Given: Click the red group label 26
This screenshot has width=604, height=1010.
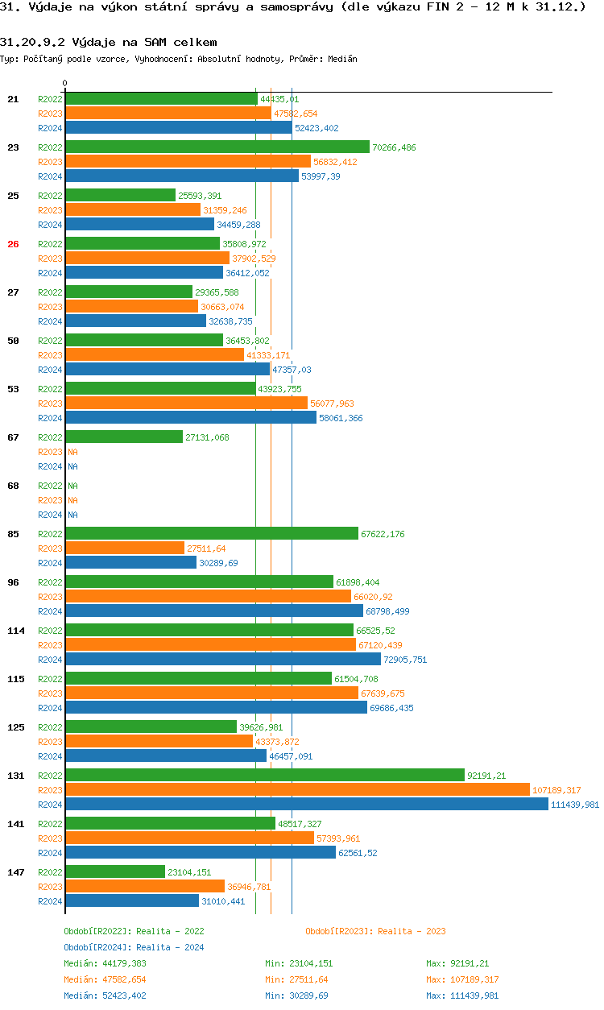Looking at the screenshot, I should click(x=13, y=244).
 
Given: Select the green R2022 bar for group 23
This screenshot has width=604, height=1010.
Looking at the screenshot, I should click(x=217, y=147).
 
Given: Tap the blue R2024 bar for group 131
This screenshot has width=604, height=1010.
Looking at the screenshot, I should click(x=306, y=805).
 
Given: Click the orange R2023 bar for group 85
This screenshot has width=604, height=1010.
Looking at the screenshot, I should click(x=125, y=548).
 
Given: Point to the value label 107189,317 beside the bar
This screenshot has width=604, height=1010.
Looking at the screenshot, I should click(x=556, y=790).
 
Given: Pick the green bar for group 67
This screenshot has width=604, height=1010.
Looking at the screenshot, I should click(x=124, y=437).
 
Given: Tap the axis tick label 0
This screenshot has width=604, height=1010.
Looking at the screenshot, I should click(x=65, y=83).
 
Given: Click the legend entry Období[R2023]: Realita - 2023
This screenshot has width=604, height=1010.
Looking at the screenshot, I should click(x=375, y=931).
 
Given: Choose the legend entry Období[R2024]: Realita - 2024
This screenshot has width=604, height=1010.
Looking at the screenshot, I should click(x=134, y=947).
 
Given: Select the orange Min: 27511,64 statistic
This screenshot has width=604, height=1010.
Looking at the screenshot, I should click(x=296, y=979).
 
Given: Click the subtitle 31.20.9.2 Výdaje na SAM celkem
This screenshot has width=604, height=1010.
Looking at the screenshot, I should click(x=108, y=42).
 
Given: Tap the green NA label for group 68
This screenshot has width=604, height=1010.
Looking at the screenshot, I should click(x=72, y=486).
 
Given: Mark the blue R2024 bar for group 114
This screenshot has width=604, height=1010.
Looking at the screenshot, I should click(x=223, y=660).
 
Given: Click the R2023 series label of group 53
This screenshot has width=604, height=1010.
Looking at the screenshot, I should click(x=50, y=404).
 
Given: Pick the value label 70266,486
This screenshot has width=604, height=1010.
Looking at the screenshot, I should click(x=395, y=147).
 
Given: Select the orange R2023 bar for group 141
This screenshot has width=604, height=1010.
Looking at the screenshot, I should click(x=189, y=838).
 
